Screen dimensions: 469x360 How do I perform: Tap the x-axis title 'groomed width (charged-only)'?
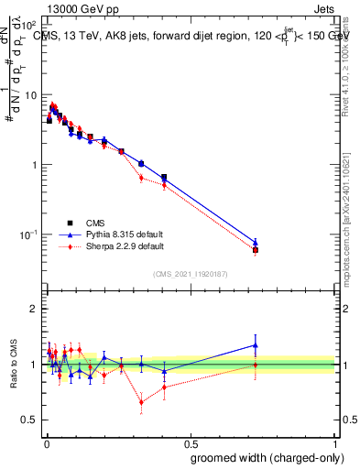(263, 457)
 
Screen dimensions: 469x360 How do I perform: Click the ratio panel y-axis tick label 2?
(34, 309)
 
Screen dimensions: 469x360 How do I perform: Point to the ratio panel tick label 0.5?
(30, 420)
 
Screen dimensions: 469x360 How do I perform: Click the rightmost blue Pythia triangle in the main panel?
(256, 243)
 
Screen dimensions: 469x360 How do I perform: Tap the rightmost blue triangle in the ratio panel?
(256, 345)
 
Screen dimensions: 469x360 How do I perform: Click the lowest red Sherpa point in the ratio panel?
(141, 401)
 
